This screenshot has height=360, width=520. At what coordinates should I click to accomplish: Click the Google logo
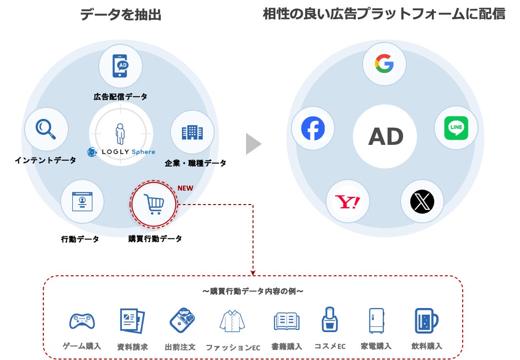384,64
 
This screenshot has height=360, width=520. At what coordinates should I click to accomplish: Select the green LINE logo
455,128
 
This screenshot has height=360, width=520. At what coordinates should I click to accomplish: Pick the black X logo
422,202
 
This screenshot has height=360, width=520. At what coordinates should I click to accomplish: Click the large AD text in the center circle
386,137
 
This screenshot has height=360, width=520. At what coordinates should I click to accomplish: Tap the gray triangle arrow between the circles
253,144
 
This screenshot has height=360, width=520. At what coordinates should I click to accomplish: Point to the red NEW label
185,188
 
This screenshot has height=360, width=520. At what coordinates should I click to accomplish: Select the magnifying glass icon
46,129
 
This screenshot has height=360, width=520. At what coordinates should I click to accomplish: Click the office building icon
192,132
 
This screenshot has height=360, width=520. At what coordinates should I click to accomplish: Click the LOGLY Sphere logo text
128,152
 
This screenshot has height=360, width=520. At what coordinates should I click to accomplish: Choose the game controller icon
82,321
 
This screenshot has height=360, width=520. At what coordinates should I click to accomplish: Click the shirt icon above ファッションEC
232,321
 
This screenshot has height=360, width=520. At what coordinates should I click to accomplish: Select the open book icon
286,321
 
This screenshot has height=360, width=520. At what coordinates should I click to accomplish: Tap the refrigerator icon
376,321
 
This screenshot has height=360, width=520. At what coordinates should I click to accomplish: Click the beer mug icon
427,321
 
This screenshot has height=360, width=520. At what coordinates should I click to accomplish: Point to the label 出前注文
180,347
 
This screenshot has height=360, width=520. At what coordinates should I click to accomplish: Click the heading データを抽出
121,15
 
